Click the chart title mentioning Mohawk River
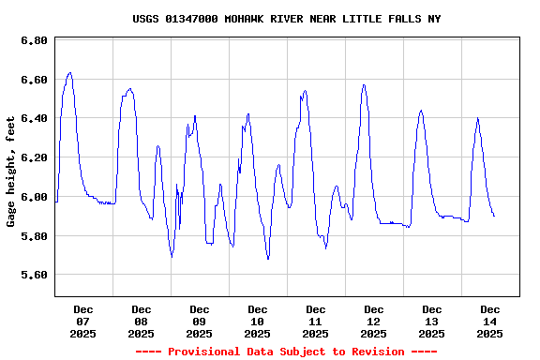[x=286, y=19]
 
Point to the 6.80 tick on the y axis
[x=34, y=41]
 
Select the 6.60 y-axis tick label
[x=34, y=81]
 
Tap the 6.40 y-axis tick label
[x=34, y=119]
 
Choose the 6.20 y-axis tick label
[x=34, y=158]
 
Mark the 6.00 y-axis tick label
[x=34, y=197]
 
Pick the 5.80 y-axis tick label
[x=34, y=236]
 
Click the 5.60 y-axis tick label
[x=34, y=275]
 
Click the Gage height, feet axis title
[x=11, y=172]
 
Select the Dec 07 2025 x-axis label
[x=83, y=322]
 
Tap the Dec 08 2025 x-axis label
[x=142, y=322]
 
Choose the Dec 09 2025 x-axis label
[x=200, y=322]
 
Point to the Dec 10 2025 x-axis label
[x=258, y=322]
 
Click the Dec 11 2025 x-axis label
[x=316, y=322]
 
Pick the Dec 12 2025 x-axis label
[x=374, y=322]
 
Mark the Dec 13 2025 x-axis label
[x=432, y=322]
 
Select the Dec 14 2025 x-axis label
[x=490, y=322]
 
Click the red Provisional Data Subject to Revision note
[x=286, y=352]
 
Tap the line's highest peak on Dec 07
[x=69, y=72]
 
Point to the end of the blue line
[x=494, y=217]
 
